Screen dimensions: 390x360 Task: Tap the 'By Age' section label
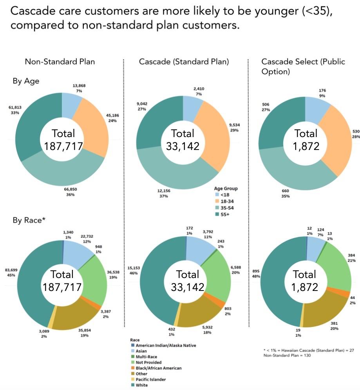(x=26, y=81)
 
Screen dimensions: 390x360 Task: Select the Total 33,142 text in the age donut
(x=183, y=140)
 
